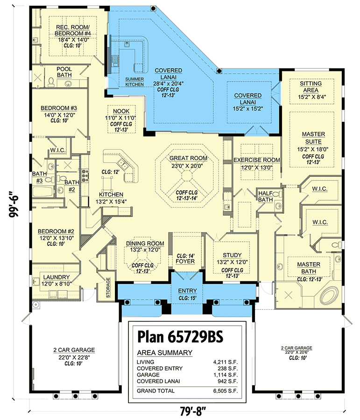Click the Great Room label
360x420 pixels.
188,158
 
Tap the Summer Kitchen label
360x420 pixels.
134,82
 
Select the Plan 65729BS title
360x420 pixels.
180,336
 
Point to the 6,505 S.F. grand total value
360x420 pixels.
226,391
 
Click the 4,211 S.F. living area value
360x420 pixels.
226,362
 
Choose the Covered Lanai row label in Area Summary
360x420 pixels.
158,381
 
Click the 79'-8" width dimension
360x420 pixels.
193,411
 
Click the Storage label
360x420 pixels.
108,287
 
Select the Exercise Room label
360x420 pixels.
257,160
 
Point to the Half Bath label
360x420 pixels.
265,196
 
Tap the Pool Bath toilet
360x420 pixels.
51,82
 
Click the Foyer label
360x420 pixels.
185,261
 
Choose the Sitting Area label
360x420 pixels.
311,87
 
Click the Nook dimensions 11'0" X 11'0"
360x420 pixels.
121,118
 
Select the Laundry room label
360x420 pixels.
56,277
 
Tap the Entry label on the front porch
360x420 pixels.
187,291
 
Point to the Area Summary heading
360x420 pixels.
164,352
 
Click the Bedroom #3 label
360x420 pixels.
59,108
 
